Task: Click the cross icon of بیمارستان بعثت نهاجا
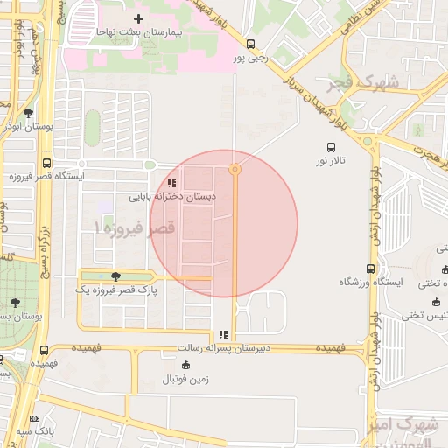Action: point(138,17)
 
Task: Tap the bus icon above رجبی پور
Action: point(251,44)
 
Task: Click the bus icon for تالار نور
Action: point(331,147)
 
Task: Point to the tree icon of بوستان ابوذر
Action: point(29,113)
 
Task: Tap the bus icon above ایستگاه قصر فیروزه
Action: point(45,162)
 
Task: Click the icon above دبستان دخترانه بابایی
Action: point(172,184)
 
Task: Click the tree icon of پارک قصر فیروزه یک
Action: point(116,276)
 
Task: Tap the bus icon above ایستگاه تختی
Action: point(435,269)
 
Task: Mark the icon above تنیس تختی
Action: point(435,302)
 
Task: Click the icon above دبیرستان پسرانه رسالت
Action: point(223,334)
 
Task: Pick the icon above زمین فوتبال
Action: point(185,365)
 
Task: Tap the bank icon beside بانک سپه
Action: point(35,420)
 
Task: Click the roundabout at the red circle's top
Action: point(234,170)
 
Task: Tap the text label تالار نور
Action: point(332,161)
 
